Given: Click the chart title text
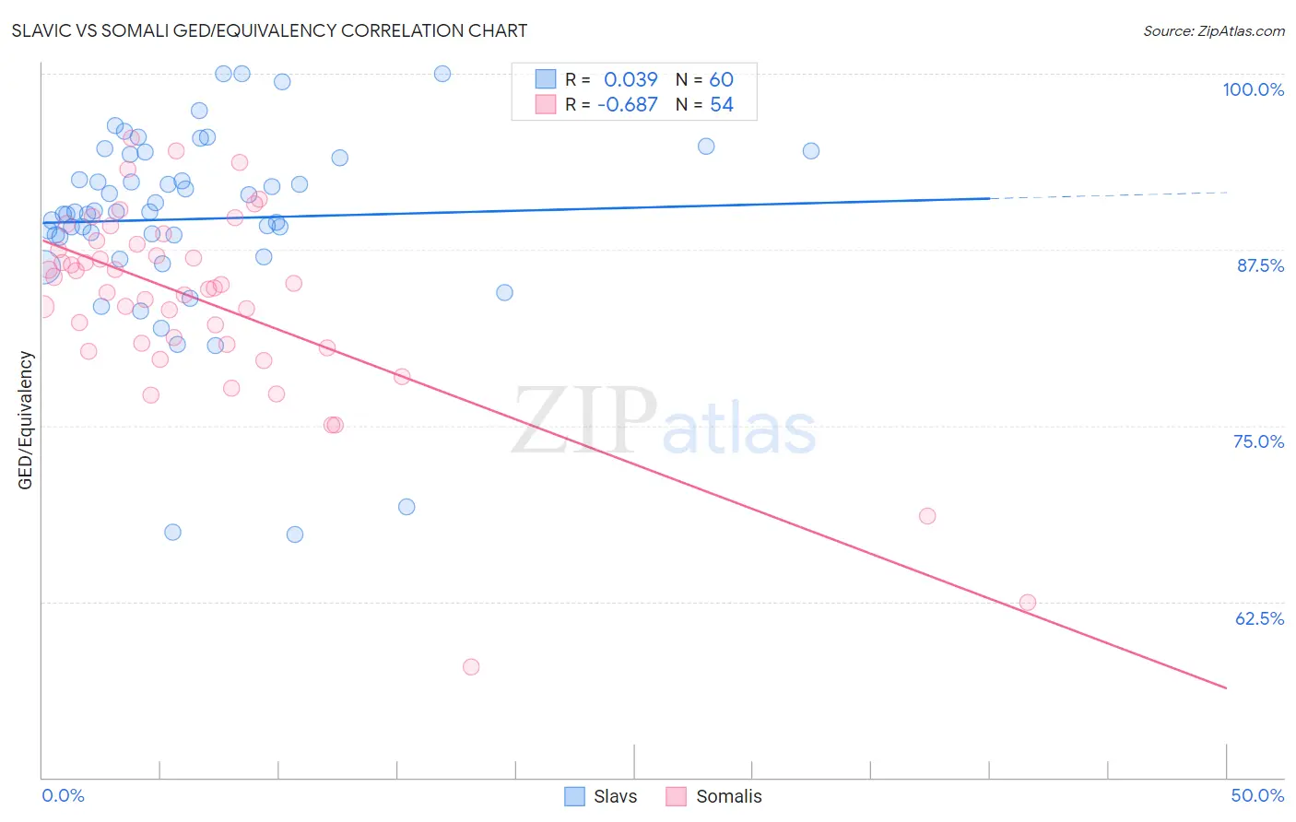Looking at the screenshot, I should point(269,30).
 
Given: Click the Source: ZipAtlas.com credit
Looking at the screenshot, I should point(1213,31).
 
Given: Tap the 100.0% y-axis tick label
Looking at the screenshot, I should point(1253,89).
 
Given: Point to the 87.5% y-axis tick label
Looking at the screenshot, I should point(1260,265).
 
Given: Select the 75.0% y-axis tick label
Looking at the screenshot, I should point(1258,441).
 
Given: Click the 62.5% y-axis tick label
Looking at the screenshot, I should point(1259,618).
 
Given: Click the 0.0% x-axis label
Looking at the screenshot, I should point(63,795).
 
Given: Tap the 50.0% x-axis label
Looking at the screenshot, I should point(1257,795).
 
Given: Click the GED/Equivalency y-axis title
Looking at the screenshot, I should point(26,420).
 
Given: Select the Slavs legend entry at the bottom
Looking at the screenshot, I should point(614,796).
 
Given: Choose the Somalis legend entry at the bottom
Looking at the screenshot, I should point(728,796).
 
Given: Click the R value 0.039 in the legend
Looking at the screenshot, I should point(630,80).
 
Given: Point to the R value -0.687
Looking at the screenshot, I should point(627,105).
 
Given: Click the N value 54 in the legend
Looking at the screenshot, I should point(722,105).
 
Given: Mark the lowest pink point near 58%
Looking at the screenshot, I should point(471,666).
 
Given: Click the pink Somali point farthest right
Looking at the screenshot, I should point(1027,603).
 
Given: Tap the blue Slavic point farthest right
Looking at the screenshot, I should point(811,151).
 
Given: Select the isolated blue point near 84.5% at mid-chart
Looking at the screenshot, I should point(504,293).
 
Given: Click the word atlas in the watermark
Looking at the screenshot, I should point(739,429).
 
